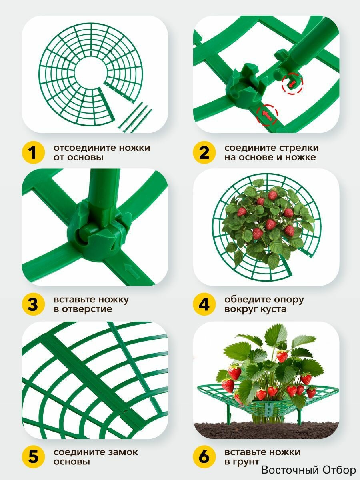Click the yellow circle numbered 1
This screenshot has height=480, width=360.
coord(33,152)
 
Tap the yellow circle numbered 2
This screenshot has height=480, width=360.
coord(204,152)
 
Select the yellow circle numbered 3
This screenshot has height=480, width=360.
coord(33,304)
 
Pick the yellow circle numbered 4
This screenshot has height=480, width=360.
coord(204,304)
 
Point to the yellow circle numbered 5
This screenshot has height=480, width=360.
coord(33,456)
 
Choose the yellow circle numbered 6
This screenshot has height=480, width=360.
coord(204,456)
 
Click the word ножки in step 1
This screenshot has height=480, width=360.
coord(135,148)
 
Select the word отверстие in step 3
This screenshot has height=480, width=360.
coord(87,310)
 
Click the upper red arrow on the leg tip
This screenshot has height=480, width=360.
coord(292,83)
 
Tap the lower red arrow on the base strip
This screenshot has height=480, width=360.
coord(267,116)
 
